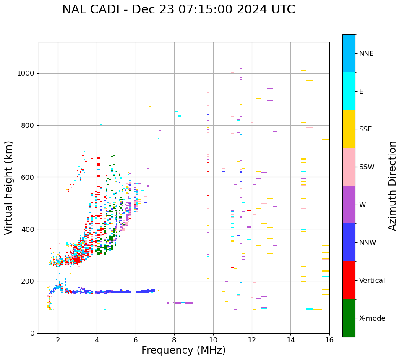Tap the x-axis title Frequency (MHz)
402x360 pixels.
pyautogui.click(x=183, y=350)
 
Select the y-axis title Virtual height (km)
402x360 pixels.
pyautogui.click(x=9, y=188)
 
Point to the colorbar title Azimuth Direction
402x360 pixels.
pyautogui.click(x=392, y=186)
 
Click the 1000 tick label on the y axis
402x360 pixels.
pyautogui.click(x=26, y=73)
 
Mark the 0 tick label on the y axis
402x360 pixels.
pyautogui.click(x=32, y=333)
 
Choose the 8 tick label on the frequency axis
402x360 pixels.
pyautogui.click(x=174, y=340)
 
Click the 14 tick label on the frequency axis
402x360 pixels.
pyautogui.click(x=291, y=340)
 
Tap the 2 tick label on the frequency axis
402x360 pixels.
pyautogui.click(x=58, y=340)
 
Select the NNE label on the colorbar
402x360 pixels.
pyautogui.click(x=366, y=54)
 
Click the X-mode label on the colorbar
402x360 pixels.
pyautogui.click(x=372, y=318)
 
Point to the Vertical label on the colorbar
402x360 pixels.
pyautogui.click(x=372, y=281)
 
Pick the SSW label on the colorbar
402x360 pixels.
pyautogui.click(x=366, y=167)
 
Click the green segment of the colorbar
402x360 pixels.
pyautogui.click(x=349, y=318)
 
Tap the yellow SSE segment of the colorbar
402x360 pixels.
pyautogui.click(x=349, y=129)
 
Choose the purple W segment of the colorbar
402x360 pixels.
pyautogui.click(x=349, y=205)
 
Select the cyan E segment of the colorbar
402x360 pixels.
pyautogui.click(x=349, y=91)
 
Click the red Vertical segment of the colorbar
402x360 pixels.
pyautogui.click(x=349, y=280)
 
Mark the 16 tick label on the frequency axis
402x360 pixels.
pyautogui.click(x=329, y=340)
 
